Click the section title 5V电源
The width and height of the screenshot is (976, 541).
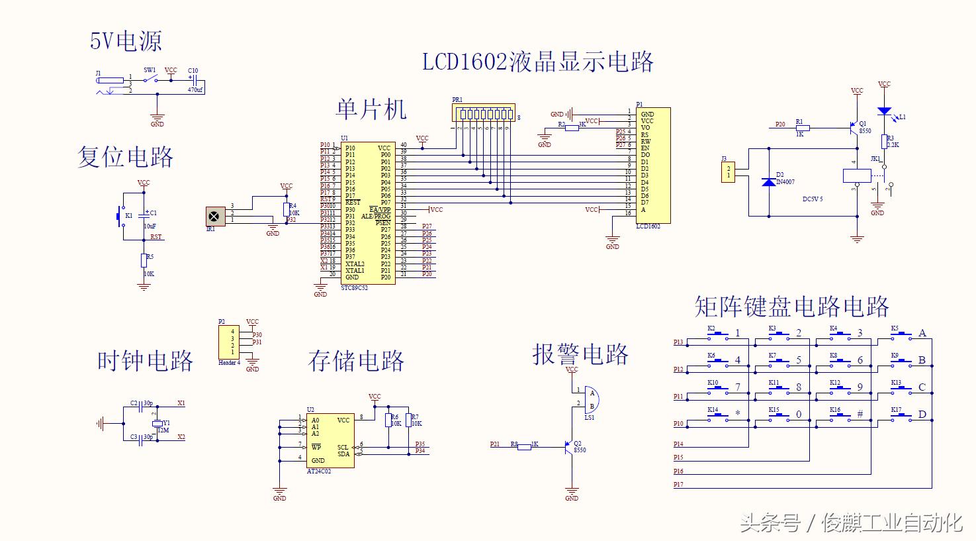126,42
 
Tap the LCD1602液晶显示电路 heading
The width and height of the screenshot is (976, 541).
537,62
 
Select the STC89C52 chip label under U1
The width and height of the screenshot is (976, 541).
354,288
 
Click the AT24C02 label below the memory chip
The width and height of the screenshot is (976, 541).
319,471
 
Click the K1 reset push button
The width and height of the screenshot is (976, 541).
121,215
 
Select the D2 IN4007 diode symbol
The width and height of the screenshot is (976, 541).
769,181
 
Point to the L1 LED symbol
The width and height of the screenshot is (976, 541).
884,111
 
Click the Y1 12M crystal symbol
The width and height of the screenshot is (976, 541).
157,423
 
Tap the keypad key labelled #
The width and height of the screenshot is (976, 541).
840,416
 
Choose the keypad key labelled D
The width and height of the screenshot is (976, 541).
901,416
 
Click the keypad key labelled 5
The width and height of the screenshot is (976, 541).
779,362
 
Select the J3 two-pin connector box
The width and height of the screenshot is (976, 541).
728,172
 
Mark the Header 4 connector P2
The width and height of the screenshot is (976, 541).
232,342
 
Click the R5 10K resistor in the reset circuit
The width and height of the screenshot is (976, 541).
144,260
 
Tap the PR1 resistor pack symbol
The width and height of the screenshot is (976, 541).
483,114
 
